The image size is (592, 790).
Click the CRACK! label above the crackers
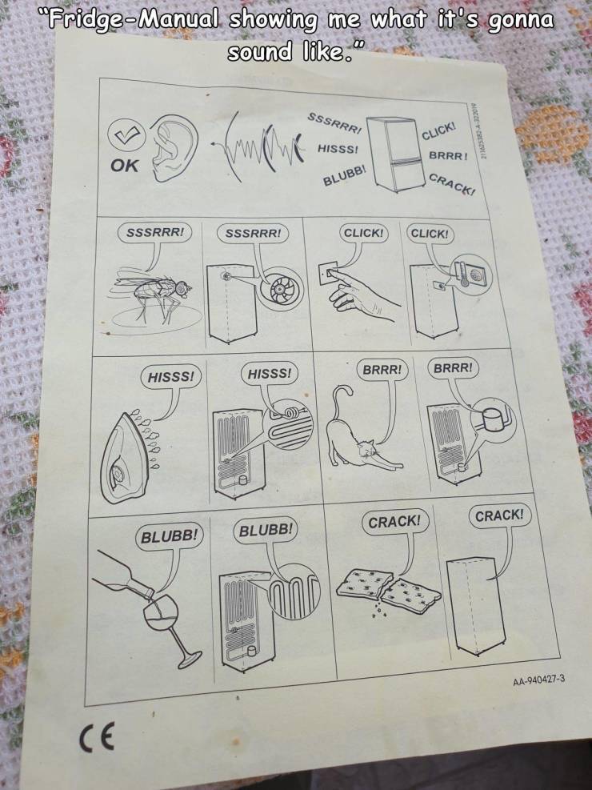coord(394,521)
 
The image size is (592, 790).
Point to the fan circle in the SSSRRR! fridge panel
coord(278,293)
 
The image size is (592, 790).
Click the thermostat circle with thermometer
coord(470,277)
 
